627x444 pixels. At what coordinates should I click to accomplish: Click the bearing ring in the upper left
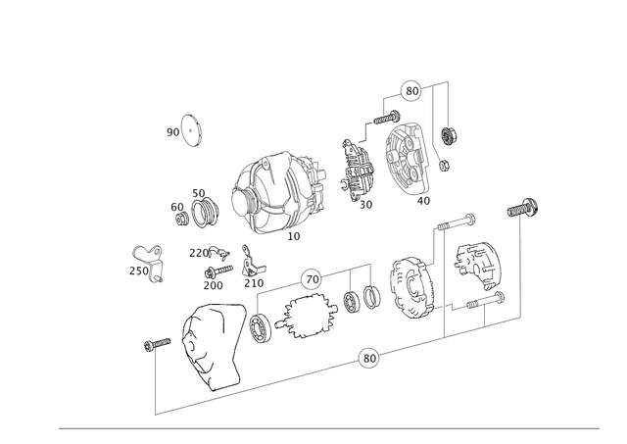(x=190, y=129)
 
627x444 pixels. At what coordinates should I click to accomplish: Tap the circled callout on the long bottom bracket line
(x=368, y=357)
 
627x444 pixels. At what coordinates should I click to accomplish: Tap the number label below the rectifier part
(x=365, y=205)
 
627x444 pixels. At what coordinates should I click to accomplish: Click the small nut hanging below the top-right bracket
(x=450, y=134)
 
